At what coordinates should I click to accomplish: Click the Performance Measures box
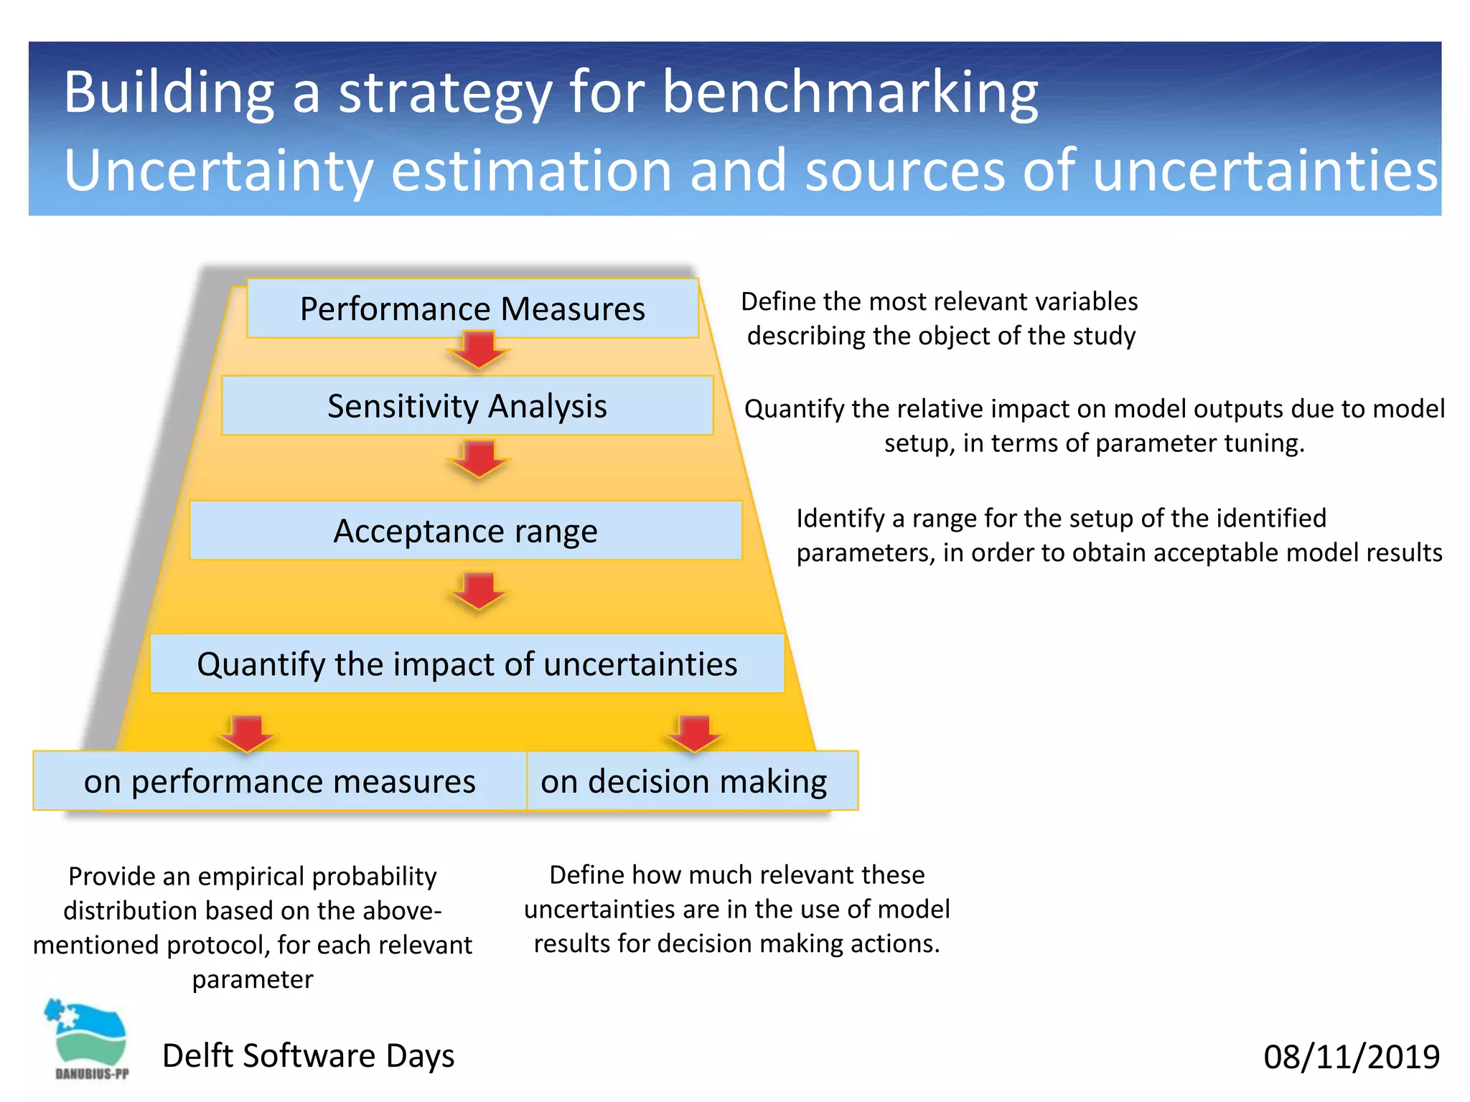click(x=472, y=309)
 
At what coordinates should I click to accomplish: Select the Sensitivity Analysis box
click(x=467, y=405)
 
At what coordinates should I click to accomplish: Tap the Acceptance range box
click(x=465, y=531)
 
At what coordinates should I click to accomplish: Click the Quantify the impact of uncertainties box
click(x=467, y=664)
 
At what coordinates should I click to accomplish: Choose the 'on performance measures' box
click(x=279, y=781)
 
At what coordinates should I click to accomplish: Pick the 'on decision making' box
click(x=683, y=781)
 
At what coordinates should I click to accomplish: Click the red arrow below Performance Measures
click(x=479, y=349)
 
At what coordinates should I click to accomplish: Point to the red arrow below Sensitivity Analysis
click(x=479, y=459)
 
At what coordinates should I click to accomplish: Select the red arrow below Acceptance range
click(x=479, y=590)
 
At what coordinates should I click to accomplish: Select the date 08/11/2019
click(x=1351, y=1057)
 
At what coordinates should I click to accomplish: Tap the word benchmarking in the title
click(x=850, y=93)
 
